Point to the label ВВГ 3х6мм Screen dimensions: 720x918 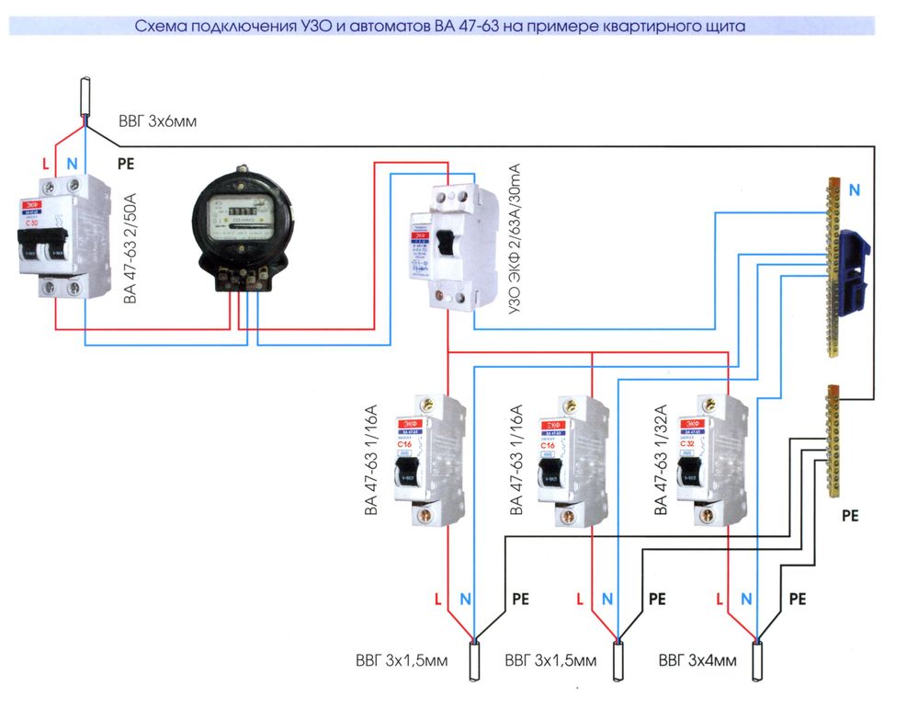click(157, 121)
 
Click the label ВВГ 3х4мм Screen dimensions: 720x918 click(697, 661)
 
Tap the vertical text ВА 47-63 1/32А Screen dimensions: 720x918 click(659, 460)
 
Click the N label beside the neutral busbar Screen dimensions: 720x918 click(855, 190)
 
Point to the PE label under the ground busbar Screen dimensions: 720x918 click(850, 516)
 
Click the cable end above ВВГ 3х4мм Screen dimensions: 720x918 click(759, 661)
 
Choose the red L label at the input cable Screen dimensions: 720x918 click(46, 164)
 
